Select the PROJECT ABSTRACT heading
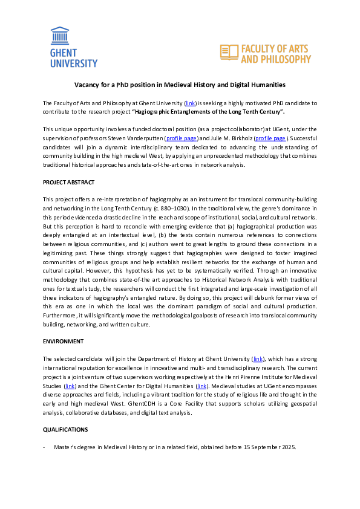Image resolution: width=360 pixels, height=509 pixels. point(68,182)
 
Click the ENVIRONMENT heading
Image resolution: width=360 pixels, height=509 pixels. point(63,342)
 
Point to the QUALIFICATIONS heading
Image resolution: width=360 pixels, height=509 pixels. point(65,429)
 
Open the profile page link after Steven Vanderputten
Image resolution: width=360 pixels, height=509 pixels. point(182,138)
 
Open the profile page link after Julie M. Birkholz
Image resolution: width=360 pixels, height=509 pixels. point(271,138)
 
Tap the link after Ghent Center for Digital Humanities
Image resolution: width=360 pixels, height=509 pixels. point(201,386)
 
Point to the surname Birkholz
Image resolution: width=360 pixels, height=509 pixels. point(238,138)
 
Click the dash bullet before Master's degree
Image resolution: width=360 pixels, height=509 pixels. point(44,447)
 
